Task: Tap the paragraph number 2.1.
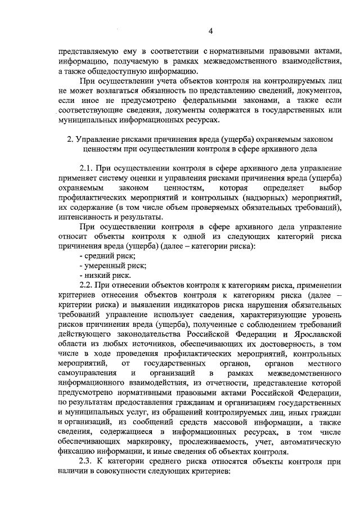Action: click(x=87, y=168)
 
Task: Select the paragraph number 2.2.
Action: click(x=87, y=285)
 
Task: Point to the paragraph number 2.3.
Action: click(x=87, y=461)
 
